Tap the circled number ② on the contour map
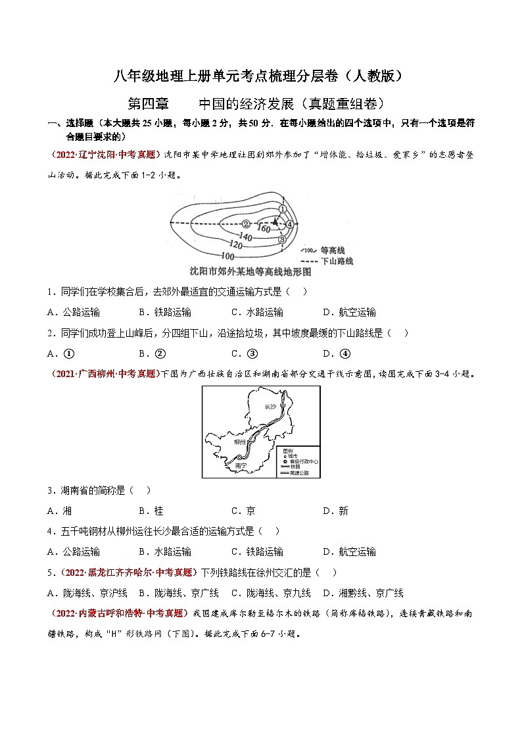(x=246, y=224)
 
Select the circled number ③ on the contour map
(x=282, y=240)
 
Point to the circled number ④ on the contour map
(x=289, y=224)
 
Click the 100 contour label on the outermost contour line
(x=228, y=255)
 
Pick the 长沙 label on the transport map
(x=272, y=407)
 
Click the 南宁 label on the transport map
(x=239, y=465)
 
